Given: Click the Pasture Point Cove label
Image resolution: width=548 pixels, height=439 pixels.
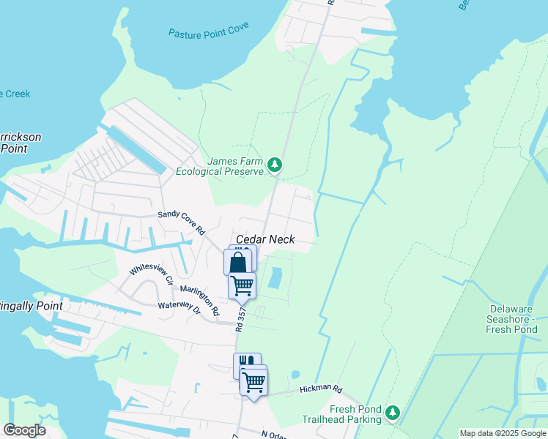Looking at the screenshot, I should pyautogui.click(x=208, y=31).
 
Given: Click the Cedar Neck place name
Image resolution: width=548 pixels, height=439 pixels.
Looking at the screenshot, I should pyautogui.click(x=265, y=240).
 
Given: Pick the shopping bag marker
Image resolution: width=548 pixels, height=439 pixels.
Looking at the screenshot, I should pyautogui.click(x=237, y=263).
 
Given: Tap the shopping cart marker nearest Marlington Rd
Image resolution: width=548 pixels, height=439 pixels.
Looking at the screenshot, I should pyautogui.click(x=242, y=285).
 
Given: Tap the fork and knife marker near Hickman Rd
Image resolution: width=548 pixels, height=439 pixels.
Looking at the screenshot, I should pyautogui.click(x=246, y=363).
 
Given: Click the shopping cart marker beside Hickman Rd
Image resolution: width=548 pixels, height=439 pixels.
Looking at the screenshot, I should pyautogui.click(x=253, y=380).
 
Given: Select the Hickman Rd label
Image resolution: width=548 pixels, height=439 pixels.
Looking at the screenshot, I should pyautogui.click(x=321, y=390).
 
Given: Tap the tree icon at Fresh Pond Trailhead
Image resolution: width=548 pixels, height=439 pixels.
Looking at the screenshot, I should pyautogui.click(x=393, y=413).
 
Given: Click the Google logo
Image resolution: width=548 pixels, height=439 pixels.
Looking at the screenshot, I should pyautogui.click(x=24, y=430).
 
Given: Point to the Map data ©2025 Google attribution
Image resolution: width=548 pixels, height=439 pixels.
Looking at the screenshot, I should pyautogui.click(x=503, y=433).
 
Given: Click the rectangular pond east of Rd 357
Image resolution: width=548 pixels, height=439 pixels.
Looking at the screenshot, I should pyautogui.click(x=276, y=277).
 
